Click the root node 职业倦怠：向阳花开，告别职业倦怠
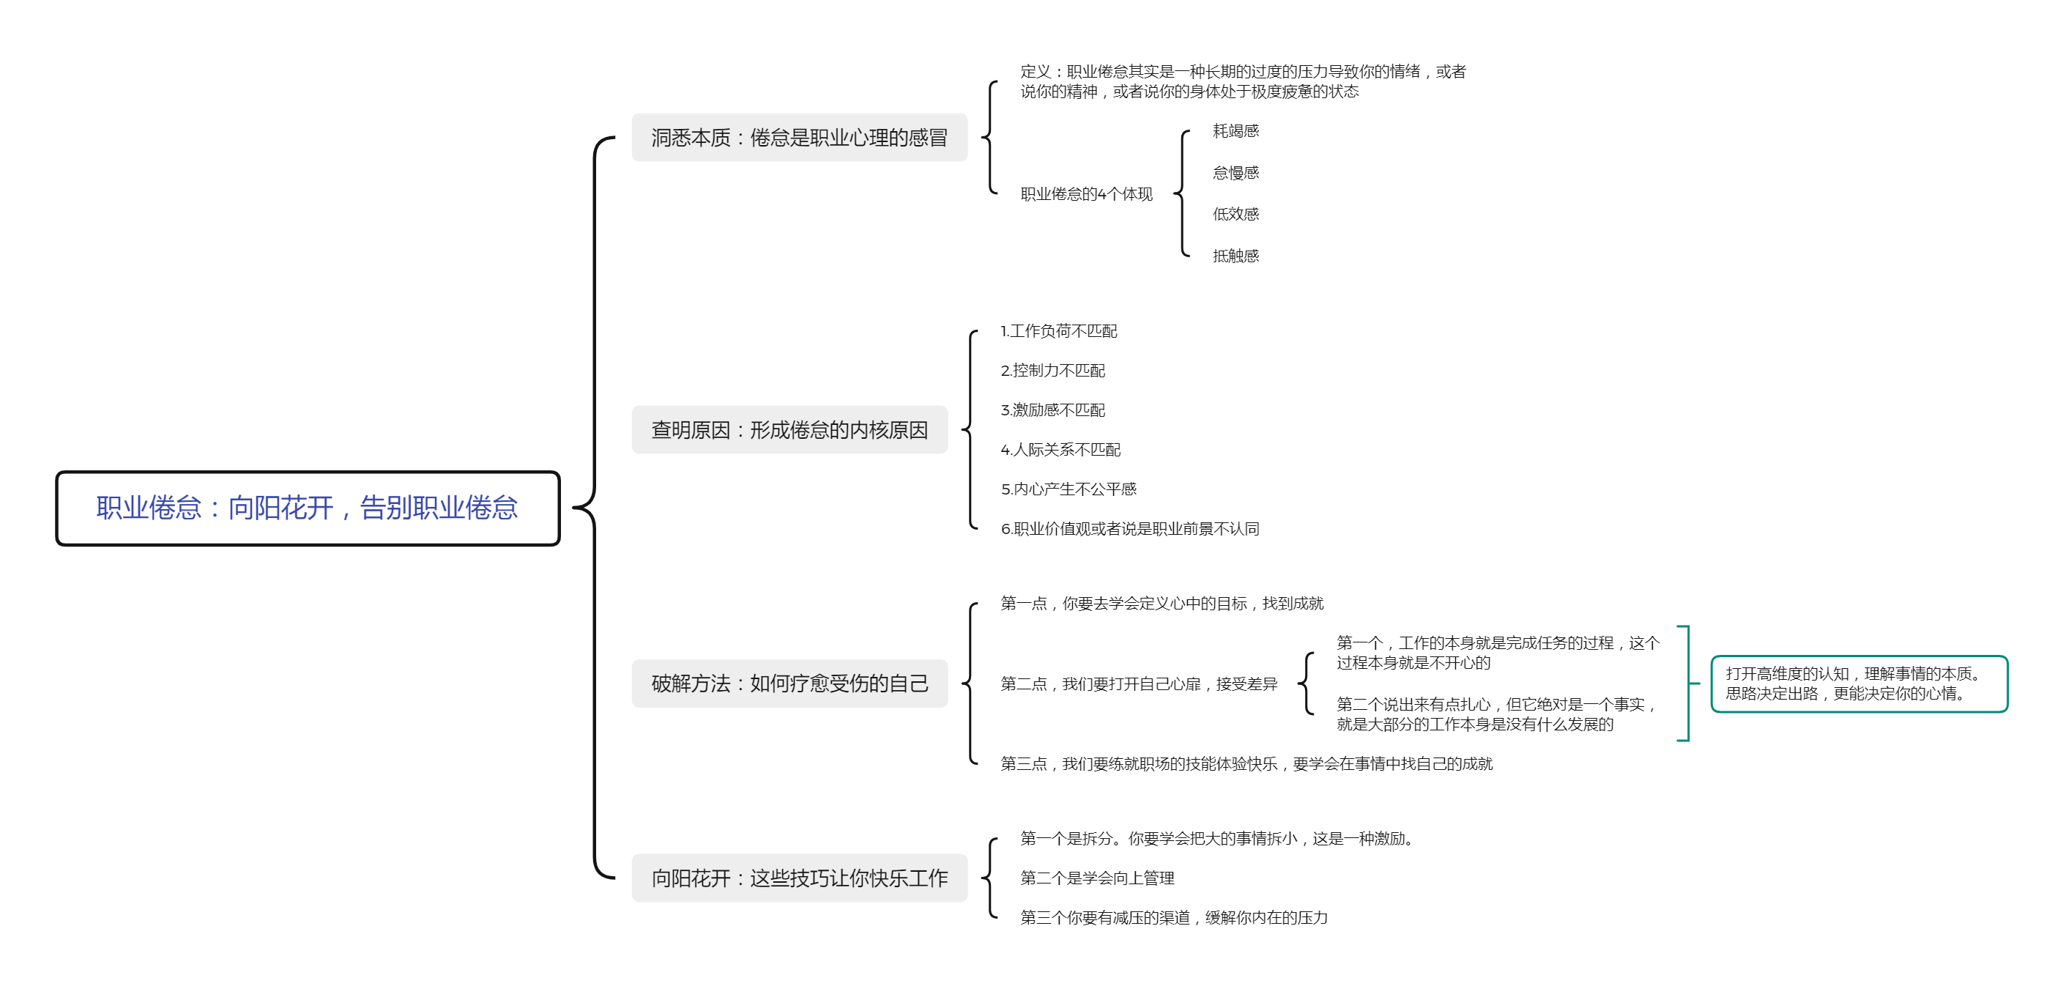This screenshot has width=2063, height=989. click(x=308, y=508)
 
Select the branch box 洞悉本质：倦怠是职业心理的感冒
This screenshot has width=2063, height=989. click(x=799, y=138)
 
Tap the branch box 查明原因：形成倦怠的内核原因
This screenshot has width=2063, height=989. click(x=789, y=430)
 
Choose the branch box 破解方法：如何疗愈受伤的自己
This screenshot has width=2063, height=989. click(x=789, y=683)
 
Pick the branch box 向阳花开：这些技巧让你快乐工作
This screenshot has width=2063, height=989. click(x=799, y=878)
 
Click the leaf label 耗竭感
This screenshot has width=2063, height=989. click(x=1235, y=130)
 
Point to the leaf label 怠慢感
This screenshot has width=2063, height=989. click(x=1235, y=173)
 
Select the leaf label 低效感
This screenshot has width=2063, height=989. click(x=1235, y=214)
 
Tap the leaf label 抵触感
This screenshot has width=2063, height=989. click(x=1235, y=256)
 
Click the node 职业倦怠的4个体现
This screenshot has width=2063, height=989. click(x=1086, y=194)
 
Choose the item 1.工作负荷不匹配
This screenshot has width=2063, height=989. click(x=1059, y=330)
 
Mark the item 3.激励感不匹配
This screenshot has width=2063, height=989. click(x=1053, y=410)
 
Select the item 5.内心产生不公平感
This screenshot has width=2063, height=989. click(x=1068, y=489)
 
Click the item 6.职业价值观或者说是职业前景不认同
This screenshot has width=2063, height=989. click(x=1130, y=528)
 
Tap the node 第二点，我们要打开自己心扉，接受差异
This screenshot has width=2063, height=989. click(x=1139, y=684)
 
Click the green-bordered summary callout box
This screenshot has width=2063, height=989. click(x=1859, y=684)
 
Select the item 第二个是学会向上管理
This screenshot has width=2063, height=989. click(x=1097, y=878)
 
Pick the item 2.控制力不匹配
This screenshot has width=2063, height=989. click(x=1053, y=371)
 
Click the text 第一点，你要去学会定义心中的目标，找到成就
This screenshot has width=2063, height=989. click(x=1162, y=603)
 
